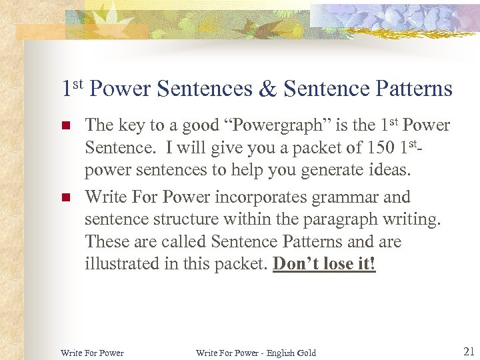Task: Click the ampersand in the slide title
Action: click(x=267, y=89)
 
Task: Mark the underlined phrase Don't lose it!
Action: click(x=325, y=264)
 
